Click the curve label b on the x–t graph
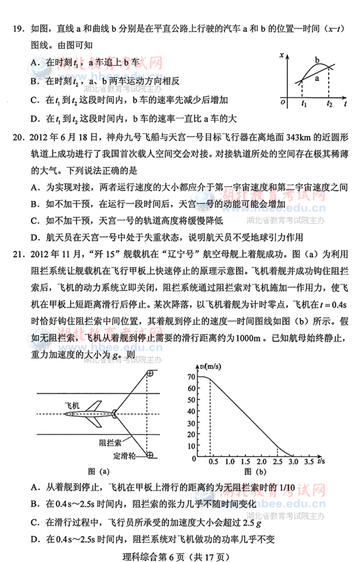click(x=317, y=60)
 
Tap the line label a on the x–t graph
click(x=317, y=78)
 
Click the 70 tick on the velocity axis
click(x=191, y=377)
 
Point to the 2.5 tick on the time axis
click(x=276, y=462)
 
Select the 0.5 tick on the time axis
click(x=211, y=462)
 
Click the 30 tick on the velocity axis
click(x=191, y=419)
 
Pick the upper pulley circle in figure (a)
click(x=150, y=372)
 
